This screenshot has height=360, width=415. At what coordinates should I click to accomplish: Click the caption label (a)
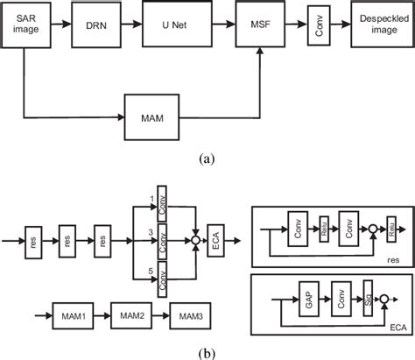(207, 159)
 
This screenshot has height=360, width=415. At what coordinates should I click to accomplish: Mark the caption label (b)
(207, 352)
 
